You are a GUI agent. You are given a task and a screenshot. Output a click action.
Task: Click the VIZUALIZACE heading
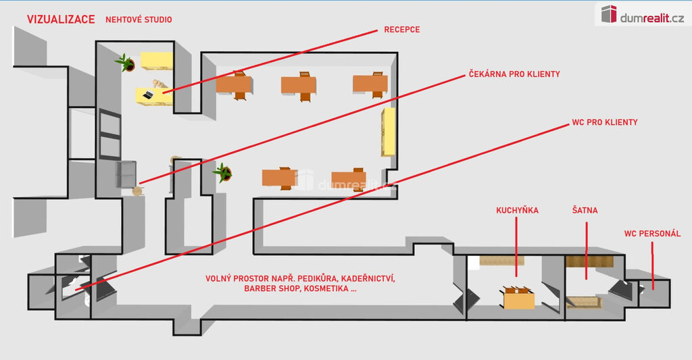pos(60,19)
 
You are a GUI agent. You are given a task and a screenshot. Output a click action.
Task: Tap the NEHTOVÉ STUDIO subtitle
pos(139,20)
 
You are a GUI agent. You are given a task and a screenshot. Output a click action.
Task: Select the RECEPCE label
pos(401,30)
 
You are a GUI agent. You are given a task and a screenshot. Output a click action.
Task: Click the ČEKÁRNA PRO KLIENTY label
pos(514,74)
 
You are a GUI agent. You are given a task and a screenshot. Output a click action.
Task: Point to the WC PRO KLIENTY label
pos(604,123)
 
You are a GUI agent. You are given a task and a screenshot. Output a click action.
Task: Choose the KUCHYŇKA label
pos(517,211)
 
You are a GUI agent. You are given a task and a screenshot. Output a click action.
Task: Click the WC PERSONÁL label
pos(652,234)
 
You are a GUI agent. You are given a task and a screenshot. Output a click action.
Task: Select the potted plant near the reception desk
pos(126,63)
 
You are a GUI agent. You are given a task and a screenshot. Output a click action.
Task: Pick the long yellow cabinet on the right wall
pos(389,130)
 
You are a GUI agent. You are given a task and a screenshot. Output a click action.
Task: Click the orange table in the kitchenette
pos(519,299)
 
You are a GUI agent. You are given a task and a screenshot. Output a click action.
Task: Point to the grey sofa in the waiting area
pos(127,174)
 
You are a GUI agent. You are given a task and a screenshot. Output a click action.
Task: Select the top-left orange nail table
pos(234,84)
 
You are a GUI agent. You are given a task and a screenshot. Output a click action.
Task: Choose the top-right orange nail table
pos(370,84)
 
